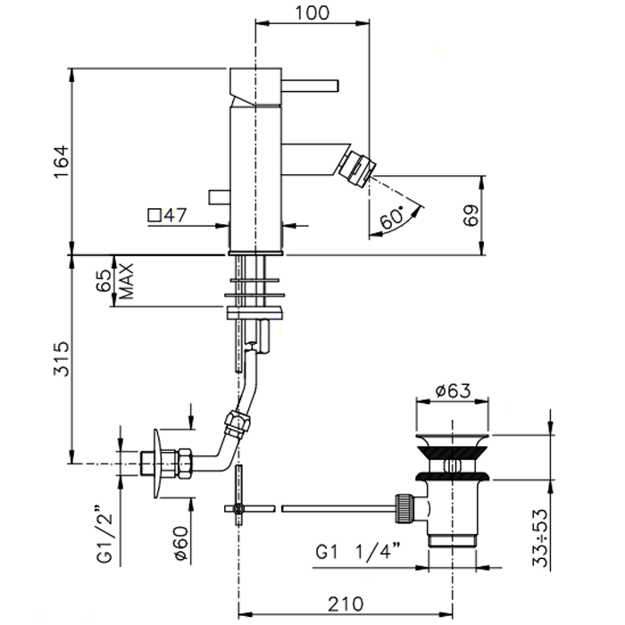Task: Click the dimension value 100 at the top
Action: [x=312, y=12]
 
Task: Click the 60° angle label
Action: [x=391, y=217]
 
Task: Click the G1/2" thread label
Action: [x=104, y=533]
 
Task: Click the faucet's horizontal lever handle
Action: [x=307, y=86]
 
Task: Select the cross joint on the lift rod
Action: [x=238, y=509]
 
